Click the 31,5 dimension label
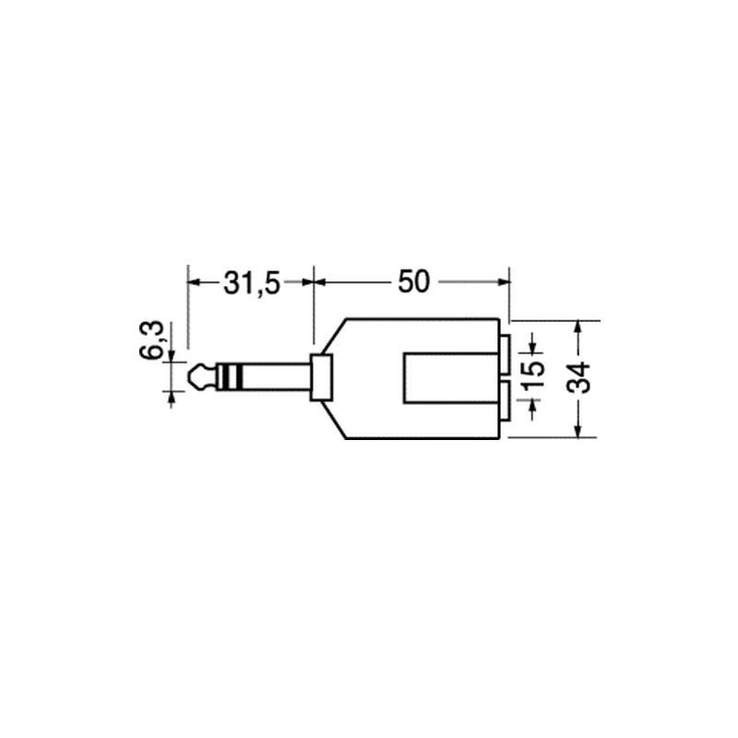[252, 283]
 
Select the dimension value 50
[413, 281]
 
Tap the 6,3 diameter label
[151, 339]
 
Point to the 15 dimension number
[533, 375]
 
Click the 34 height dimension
[578, 377]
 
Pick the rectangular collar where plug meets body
[320, 377]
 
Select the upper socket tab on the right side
[505, 354]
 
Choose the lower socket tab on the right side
[505, 401]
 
